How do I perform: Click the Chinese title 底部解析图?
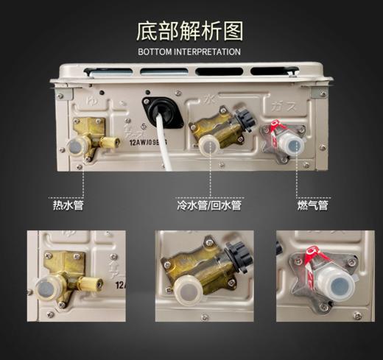[190, 32]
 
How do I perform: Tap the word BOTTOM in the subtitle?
[155, 52]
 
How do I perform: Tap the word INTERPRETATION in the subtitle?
[208, 52]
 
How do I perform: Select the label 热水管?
[67, 204]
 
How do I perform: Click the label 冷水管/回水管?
[209, 204]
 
